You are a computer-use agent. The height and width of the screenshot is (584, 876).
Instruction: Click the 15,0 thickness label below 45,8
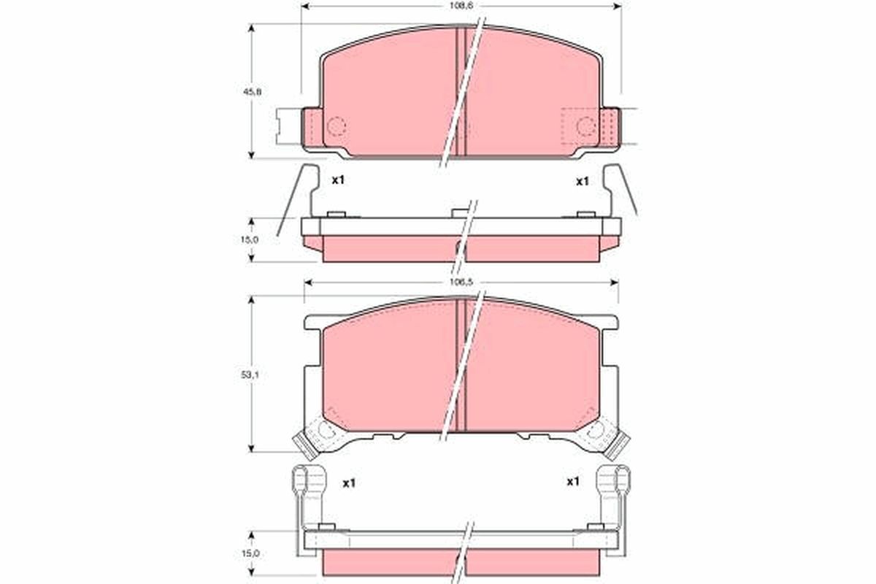point(249,239)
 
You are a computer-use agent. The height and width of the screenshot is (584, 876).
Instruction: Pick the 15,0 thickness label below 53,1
point(249,554)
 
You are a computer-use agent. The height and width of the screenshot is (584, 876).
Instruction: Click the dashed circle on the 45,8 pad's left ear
point(336,126)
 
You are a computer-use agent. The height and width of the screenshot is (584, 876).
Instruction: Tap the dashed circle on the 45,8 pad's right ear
point(586,126)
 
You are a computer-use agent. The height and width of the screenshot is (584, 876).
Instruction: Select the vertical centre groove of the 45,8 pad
point(461,91)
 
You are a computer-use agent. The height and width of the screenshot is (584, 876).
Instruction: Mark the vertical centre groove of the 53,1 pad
point(461,365)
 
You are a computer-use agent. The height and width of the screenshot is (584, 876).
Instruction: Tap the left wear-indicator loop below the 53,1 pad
point(309,483)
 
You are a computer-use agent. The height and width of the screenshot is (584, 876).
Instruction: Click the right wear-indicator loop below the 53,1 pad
point(612,483)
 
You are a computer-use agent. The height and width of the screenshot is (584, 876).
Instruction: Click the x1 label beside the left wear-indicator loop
point(349,483)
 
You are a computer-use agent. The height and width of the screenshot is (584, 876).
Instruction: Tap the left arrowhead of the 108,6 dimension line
point(306,8)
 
